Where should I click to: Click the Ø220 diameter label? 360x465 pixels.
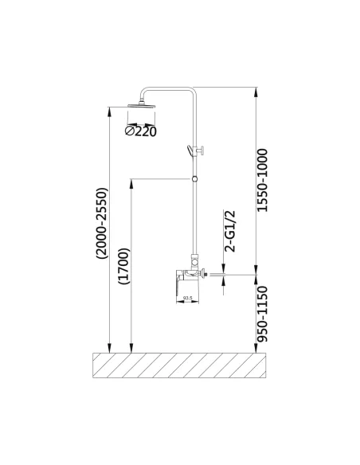point(140,131)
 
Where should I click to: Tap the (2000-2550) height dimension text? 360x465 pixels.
point(101,224)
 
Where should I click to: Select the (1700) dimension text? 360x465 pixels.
point(123,266)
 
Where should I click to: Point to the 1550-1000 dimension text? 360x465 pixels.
point(262,180)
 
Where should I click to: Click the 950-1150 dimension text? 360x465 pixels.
point(262,315)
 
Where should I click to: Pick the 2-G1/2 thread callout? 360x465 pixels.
point(230,232)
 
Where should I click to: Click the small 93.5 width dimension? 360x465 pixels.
point(187,297)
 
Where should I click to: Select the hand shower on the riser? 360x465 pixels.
point(190,150)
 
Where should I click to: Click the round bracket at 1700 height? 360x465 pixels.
point(194,179)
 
